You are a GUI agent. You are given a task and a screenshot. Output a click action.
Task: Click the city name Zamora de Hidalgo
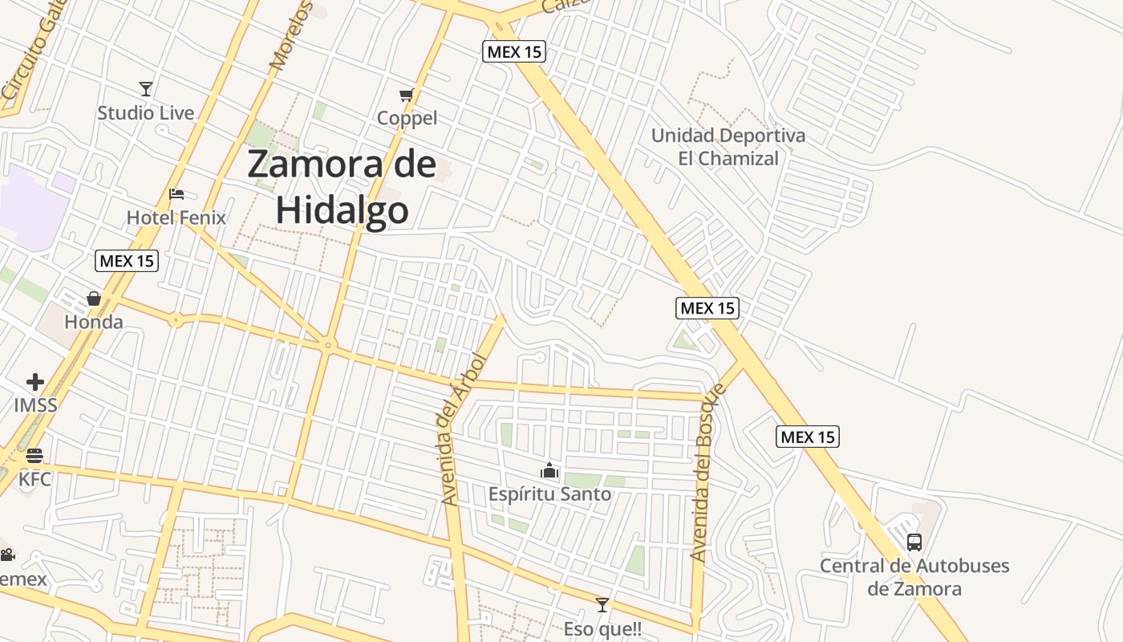click(x=343, y=187)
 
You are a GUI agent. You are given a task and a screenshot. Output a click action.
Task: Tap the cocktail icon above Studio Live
click(x=145, y=88)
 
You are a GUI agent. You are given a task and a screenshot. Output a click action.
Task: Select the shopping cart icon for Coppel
click(x=407, y=95)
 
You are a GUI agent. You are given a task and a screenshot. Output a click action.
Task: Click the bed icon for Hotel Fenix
click(x=176, y=194)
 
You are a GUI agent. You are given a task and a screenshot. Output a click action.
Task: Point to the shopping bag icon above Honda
click(x=94, y=299)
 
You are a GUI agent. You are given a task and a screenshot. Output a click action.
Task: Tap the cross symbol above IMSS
click(x=35, y=382)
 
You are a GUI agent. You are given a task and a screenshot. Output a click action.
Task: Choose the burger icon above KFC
click(x=34, y=456)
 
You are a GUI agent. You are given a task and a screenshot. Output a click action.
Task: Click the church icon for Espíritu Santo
click(x=549, y=470)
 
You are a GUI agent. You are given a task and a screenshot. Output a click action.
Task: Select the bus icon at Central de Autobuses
click(x=914, y=542)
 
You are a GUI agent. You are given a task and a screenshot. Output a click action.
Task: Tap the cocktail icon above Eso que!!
click(x=602, y=605)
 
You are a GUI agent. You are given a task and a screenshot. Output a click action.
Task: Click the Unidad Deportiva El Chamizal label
click(x=728, y=147)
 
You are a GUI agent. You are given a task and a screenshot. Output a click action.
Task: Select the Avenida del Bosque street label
click(x=707, y=472)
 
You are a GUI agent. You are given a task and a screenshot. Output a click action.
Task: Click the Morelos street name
click(x=290, y=36)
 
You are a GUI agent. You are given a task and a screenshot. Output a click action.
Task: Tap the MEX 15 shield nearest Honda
click(x=127, y=260)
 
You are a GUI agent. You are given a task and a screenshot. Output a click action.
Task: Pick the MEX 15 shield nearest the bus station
click(x=808, y=437)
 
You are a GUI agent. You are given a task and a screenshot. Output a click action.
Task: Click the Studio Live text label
click(x=146, y=113)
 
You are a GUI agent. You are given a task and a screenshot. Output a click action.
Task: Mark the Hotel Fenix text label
click(x=176, y=217)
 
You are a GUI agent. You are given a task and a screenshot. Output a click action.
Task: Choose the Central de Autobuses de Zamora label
click(x=914, y=577)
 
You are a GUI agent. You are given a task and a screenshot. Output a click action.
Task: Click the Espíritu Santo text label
click(x=549, y=494)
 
